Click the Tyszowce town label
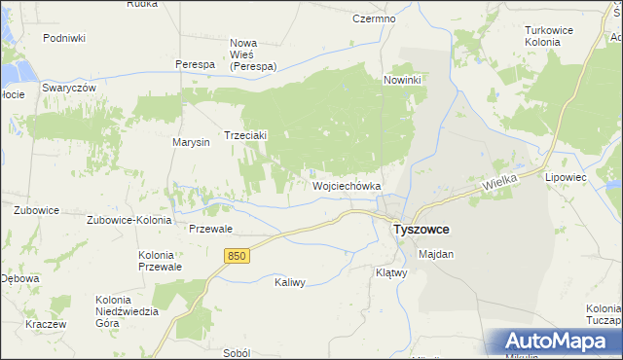420,231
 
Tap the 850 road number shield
237,256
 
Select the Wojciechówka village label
346,185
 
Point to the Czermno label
374,18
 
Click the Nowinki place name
402,80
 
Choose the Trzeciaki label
245,135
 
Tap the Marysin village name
192,143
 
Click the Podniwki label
64,38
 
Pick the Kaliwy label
290,283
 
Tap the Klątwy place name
390,273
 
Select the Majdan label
435,254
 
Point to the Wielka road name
497,183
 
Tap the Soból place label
237,354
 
